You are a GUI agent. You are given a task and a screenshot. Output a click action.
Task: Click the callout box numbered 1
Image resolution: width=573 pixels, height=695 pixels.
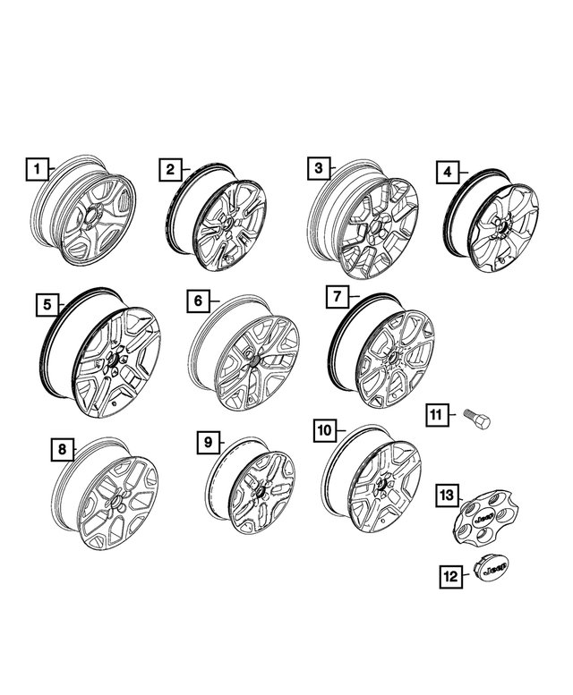[37, 168]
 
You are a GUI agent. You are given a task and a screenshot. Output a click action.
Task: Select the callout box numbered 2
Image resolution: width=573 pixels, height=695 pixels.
[170, 169]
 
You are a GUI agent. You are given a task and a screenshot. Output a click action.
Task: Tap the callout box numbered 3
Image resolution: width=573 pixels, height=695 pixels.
[316, 168]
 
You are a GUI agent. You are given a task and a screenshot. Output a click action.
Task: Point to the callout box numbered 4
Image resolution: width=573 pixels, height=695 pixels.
[447, 172]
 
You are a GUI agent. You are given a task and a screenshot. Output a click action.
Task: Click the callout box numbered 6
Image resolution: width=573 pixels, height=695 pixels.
[198, 301]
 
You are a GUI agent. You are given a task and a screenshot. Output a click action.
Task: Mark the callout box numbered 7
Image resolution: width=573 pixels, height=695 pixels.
[337, 295]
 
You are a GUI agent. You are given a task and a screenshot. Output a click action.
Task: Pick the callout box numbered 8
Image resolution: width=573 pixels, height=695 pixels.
[61, 448]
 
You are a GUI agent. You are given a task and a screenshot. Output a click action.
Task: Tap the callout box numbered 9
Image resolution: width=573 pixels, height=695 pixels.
[207, 442]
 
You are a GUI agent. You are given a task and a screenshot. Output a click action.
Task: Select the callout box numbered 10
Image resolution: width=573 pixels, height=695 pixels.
[324, 431]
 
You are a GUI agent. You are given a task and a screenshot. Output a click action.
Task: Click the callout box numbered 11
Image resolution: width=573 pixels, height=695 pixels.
[436, 415]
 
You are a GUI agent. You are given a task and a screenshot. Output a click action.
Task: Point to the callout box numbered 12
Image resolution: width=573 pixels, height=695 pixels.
[451, 577]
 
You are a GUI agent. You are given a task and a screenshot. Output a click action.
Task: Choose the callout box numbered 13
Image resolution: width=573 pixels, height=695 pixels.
[448, 494]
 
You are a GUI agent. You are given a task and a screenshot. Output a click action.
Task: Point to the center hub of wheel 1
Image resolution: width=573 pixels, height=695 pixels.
[91, 218]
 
